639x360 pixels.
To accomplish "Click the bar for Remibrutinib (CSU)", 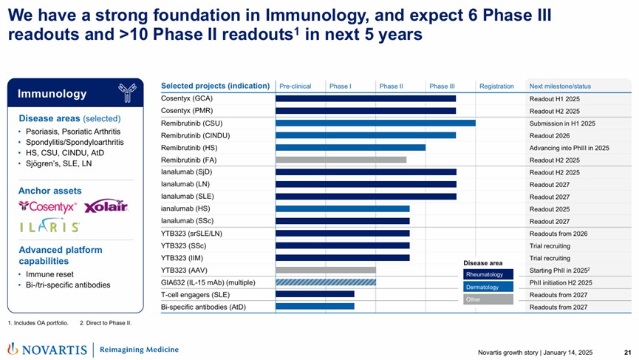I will coord(375,123).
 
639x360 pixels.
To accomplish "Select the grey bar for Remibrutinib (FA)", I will coord(341,160).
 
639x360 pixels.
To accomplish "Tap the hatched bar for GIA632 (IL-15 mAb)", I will coord(326,282).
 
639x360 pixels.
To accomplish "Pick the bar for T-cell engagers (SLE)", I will coord(315,294).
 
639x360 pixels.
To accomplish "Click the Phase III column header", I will coord(442,86).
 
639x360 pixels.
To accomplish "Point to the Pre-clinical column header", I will coord(295,86).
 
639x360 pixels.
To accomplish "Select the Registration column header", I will coord(496,86).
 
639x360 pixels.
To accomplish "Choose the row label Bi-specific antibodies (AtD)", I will coord(203,307).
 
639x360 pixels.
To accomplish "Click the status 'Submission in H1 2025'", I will coord(562,123).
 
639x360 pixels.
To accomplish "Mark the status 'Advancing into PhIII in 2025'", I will coord(569,148).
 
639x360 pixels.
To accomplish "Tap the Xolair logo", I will coord(106,206).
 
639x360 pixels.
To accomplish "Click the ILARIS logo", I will coord(49,227).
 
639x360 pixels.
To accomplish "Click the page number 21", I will coord(627,350).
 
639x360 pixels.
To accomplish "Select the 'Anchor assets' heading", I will coord(49,191).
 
